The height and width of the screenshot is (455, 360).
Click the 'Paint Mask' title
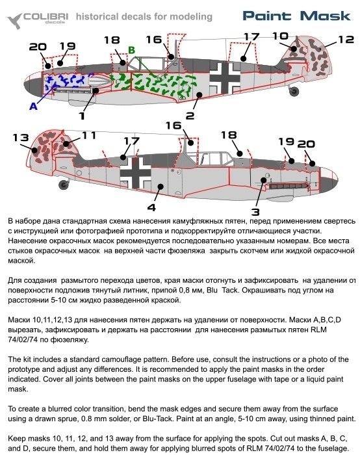296,16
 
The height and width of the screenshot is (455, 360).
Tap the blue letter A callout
33,106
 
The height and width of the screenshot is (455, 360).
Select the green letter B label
132,50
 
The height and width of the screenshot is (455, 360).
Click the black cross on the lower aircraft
135,173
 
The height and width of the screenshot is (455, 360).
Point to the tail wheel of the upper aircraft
294,91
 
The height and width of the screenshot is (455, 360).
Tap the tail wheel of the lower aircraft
64,184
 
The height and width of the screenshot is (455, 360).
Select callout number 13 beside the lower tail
21,137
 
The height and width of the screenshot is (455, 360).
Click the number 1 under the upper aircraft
82,116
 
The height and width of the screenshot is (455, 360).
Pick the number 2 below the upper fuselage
190,116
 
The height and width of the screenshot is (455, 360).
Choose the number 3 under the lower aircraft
255,211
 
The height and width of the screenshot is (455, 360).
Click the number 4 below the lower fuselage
151,207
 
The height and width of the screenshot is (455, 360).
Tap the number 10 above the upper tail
280,36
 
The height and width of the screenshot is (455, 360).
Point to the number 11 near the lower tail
89,135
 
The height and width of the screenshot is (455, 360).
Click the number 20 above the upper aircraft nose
38,47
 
